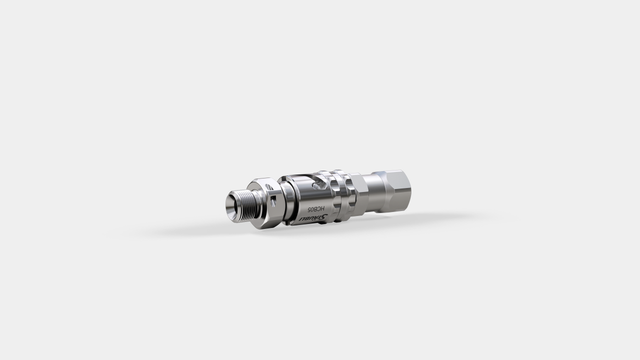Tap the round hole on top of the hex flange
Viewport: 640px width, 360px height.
click(x=269, y=187)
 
